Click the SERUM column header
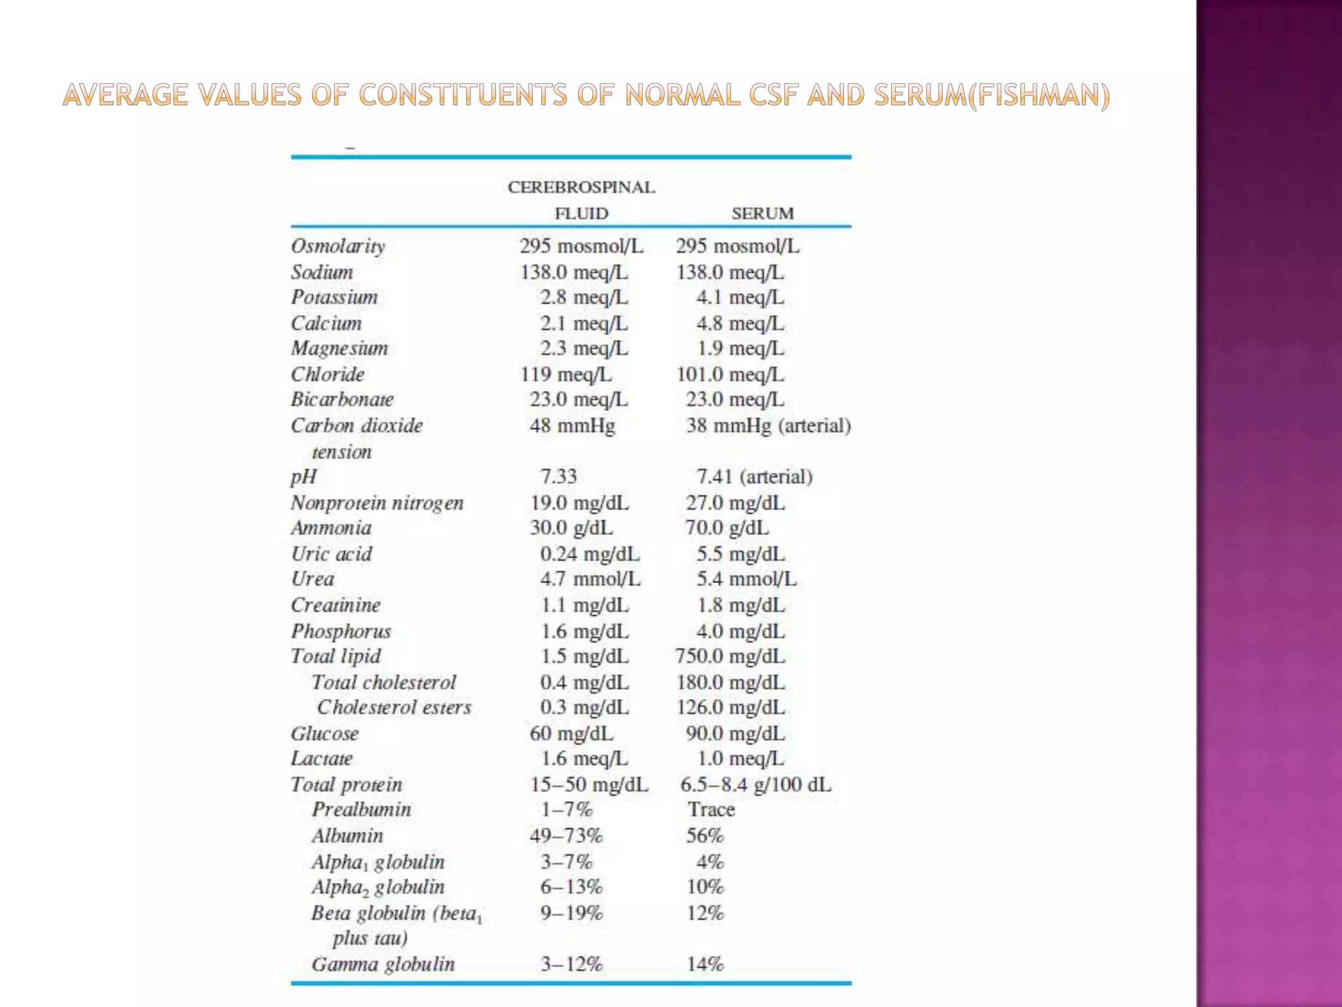pyautogui.click(x=762, y=213)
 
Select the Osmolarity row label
pyautogui.click(x=338, y=246)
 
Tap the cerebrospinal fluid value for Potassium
pyautogui.click(x=584, y=297)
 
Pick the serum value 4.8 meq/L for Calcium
pyautogui.click(x=740, y=323)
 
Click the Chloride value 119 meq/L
pyautogui.click(x=566, y=374)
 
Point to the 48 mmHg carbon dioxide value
pyautogui.click(x=572, y=425)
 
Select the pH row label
pyautogui.click(x=303, y=477)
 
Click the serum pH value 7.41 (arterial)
pyautogui.click(x=754, y=477)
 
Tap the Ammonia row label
pyautogui.click(x=331, y=528)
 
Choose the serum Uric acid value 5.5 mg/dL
pyautogui.click(x=740, y=554)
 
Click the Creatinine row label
pyautogui.click(x=335, y=604)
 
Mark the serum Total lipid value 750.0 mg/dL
pyautogui.click(x=730, y=656)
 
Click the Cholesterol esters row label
pyautogui.click(x=394, y=707)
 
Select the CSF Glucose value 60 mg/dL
pyautogui.click(x=571, y=733)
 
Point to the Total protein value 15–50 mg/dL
pyautogui.click(x=589, y=785)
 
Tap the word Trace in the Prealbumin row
pyautogui.click(x=711, y=810)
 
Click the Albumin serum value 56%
pyautogui.click(x=705, y=836)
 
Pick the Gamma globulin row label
pyautogui.click(x=383, y=964)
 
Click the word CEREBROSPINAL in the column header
pyautogui.click(x=581, y=188)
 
